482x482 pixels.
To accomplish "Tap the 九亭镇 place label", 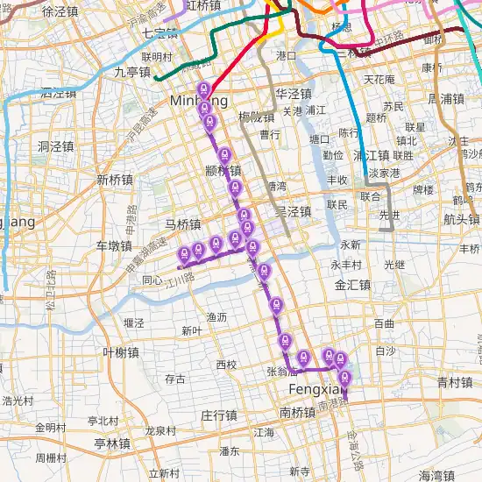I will [132, 73].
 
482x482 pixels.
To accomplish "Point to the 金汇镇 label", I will [352, 285].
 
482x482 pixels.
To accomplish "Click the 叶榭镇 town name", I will [121, 352].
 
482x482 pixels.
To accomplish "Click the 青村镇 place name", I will [455, 382].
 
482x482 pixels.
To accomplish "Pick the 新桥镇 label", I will [115, 180].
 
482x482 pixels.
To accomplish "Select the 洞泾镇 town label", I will [56, 147].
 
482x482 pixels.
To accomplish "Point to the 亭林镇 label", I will [112, 444].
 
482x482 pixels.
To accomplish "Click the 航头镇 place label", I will [461, 219].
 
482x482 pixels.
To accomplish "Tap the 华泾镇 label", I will [293, 94].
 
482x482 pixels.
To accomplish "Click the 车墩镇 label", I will [114, 245].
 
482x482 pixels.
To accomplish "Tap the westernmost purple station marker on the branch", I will [183, 254].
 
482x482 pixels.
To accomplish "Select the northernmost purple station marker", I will [203, 90].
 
